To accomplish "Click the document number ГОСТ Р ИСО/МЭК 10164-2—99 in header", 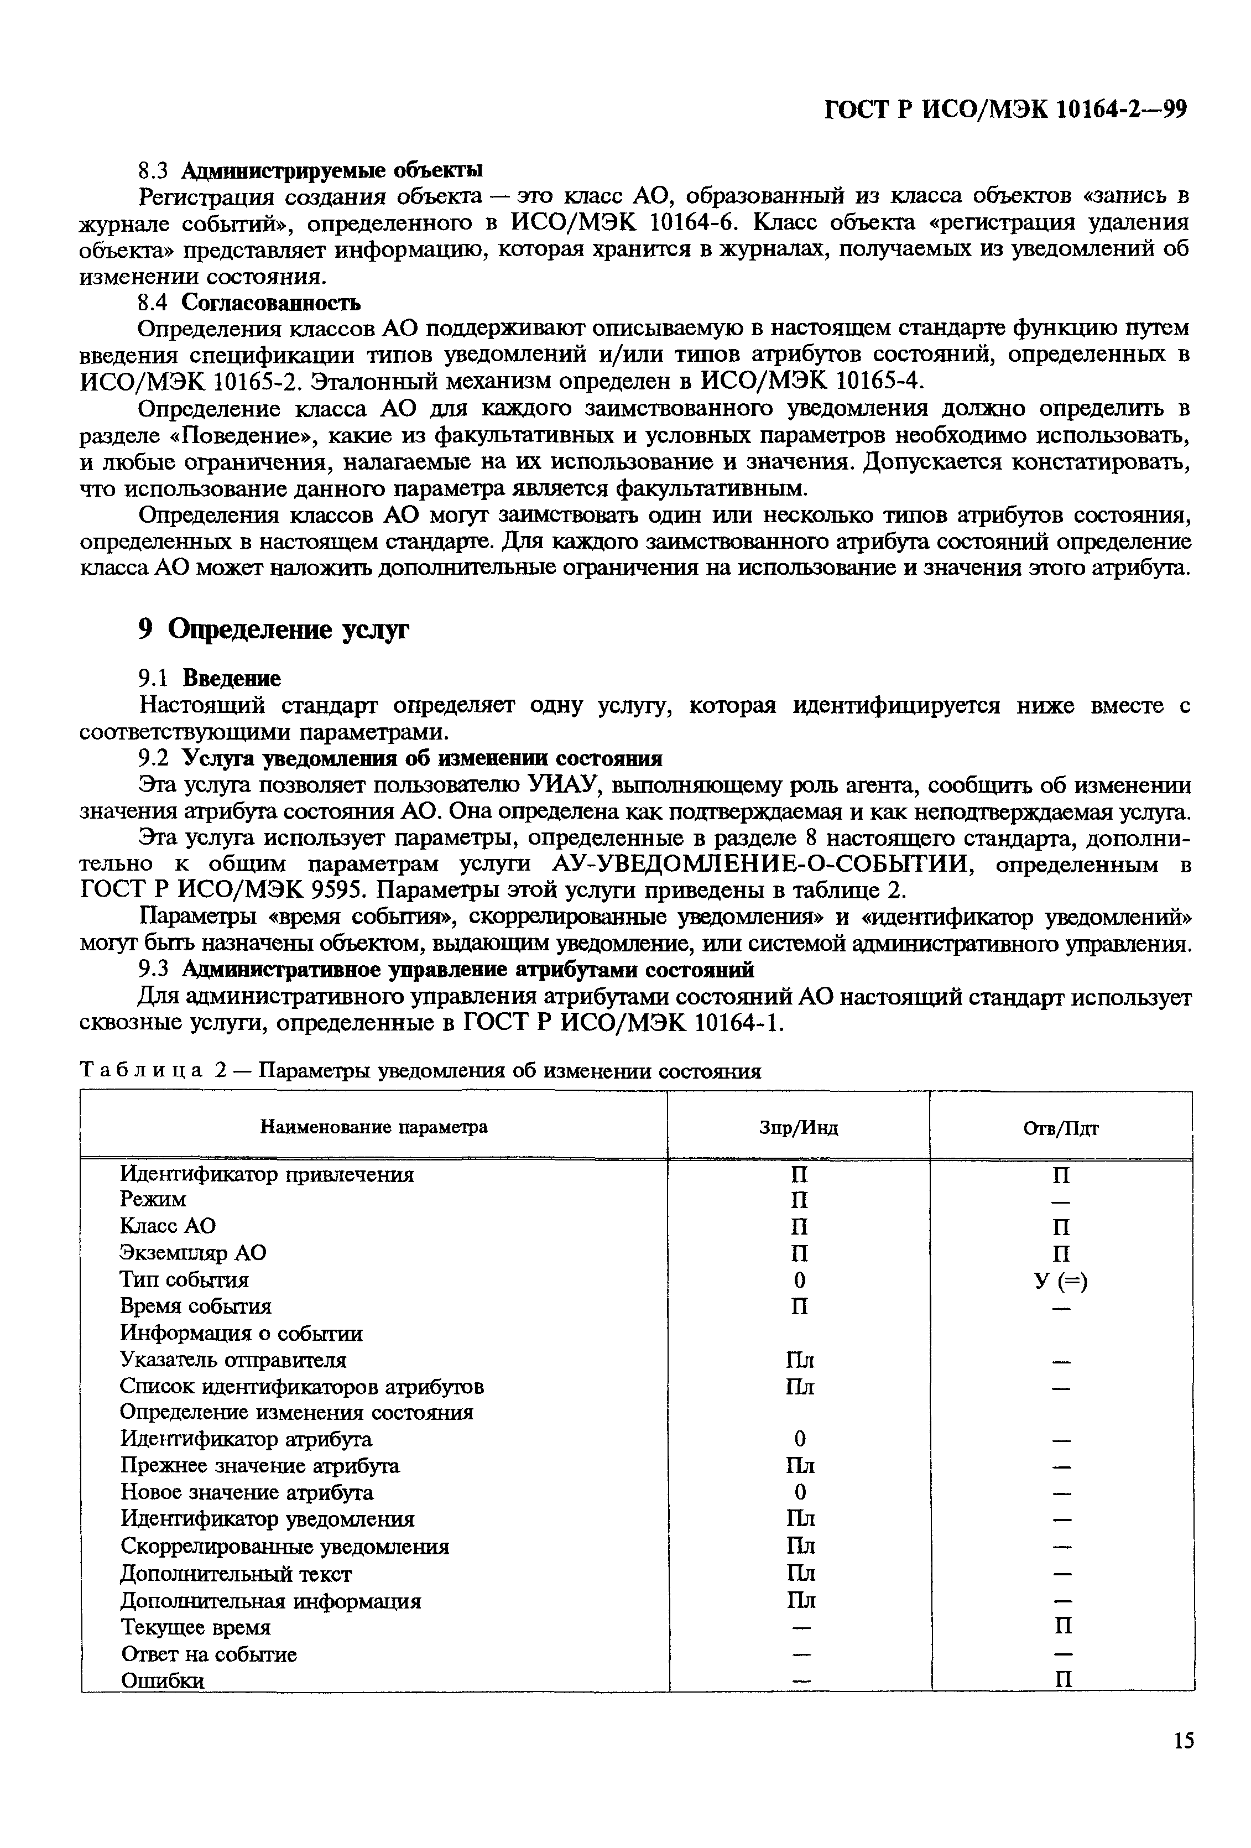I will pos(1004,109).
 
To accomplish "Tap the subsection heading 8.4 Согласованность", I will pos(249,302).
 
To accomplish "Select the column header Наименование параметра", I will pos(374,1127).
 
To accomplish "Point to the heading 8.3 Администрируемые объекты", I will pos(310,169).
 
